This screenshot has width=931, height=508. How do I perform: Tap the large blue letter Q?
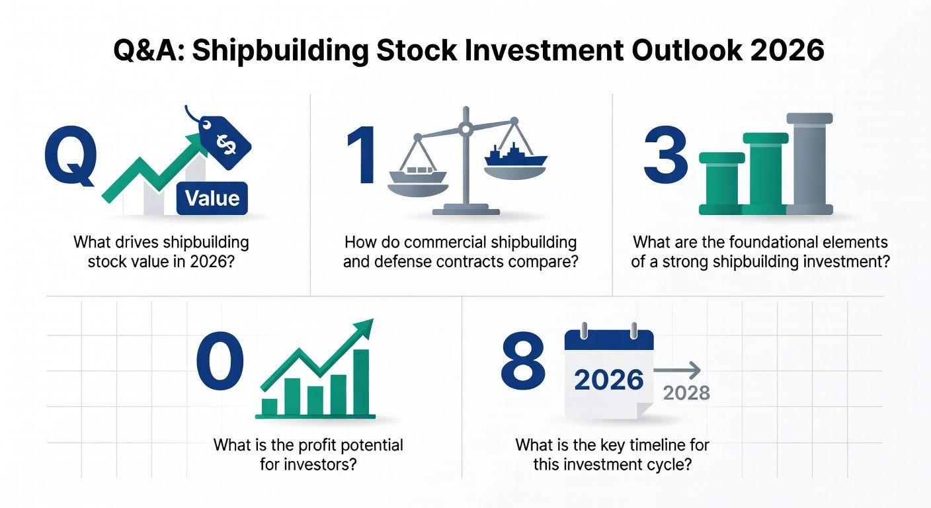(70, 155)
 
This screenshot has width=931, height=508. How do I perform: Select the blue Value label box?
(212, 198)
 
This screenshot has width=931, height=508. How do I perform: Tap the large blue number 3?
(665, 155)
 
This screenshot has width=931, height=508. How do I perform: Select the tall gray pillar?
(809, 164)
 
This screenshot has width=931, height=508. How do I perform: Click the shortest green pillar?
(722, 183)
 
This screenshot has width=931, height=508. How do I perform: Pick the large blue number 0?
(220, 360)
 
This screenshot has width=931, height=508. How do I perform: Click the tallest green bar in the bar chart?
(361, 382)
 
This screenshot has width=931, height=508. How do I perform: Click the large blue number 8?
(523, 360)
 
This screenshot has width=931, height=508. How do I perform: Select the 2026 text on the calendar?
(609, 380)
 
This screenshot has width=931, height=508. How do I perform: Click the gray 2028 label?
(686, 393)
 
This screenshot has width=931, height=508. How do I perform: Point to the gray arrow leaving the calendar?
(677, 370)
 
